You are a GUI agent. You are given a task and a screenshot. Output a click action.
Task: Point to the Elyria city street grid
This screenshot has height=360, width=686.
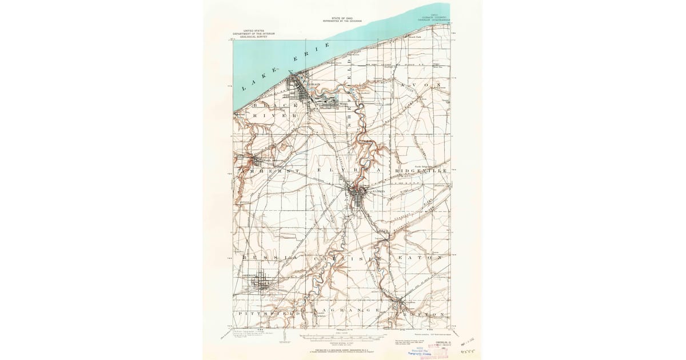359,197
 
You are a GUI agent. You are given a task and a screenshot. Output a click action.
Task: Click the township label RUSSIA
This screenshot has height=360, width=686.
264,258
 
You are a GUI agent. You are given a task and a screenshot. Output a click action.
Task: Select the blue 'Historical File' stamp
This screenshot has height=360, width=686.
420,353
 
